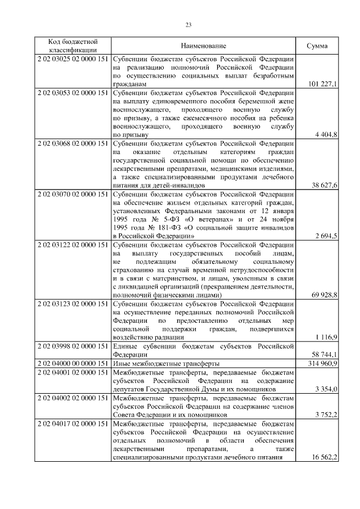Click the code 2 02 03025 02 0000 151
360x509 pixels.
(x=73, y=59)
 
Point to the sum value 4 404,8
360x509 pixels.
(x=326, y=134)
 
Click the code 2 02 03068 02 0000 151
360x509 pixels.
(x=73, y=143)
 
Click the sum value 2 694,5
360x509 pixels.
(x=326, y=236)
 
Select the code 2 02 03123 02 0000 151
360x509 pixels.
(x=73, y=304)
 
